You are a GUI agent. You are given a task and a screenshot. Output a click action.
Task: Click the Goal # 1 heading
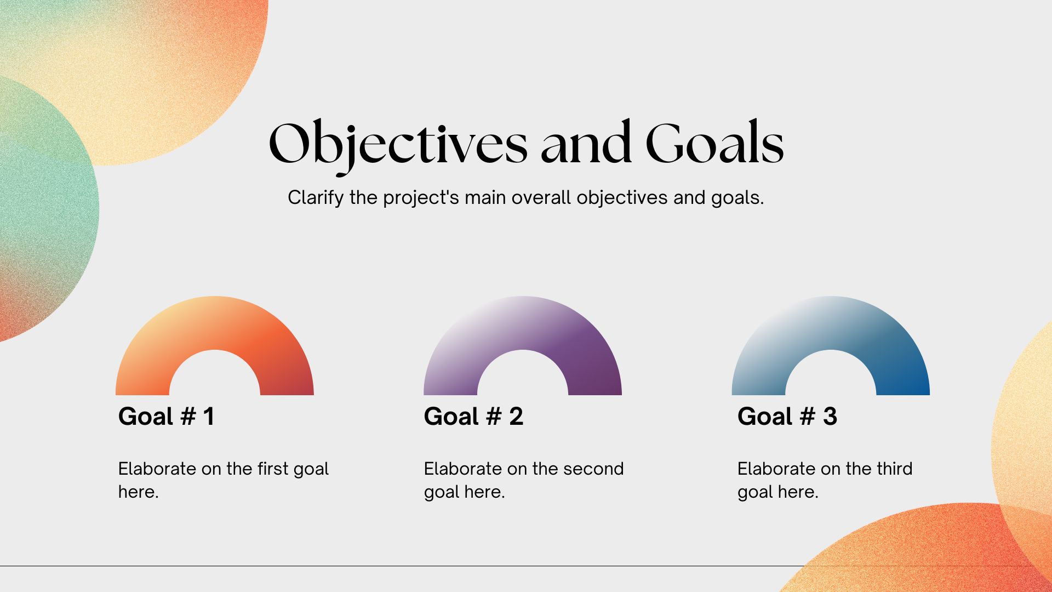tap(166, 417)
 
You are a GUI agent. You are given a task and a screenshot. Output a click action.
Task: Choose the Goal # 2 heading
tap(473, 417)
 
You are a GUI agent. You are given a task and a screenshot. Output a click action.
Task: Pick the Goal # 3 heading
tap(787, 417)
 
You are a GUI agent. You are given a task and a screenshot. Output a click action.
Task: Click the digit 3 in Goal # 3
tap(830, 417)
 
